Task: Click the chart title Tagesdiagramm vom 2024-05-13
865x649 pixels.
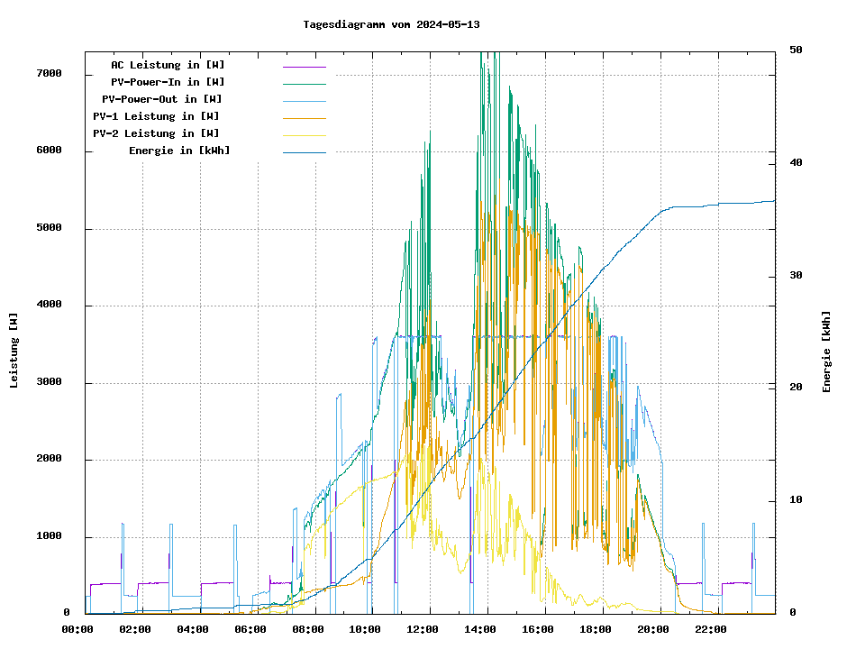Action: (392, 24)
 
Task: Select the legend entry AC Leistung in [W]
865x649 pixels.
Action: (168, 65)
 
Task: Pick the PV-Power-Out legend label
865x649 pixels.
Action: (162, 99)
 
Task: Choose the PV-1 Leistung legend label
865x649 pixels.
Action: (156, 116)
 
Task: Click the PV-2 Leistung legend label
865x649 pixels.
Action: (156, 133)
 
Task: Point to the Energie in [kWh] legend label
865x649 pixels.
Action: (179, 151)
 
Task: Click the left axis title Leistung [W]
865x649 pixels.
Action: (14, 350)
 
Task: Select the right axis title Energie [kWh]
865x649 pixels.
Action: (826, 352)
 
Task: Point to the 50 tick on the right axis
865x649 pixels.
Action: (797, 50)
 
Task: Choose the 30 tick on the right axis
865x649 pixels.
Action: (797, 275)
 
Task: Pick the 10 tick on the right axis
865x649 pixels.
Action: (797, 500)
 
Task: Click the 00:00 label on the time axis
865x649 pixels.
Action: (77, 629)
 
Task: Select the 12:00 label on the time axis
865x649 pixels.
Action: (423, 629)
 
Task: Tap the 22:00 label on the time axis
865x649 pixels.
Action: (711, 629)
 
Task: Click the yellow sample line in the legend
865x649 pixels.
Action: (304, 134)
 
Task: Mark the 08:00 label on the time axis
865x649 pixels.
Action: (308, 629)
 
